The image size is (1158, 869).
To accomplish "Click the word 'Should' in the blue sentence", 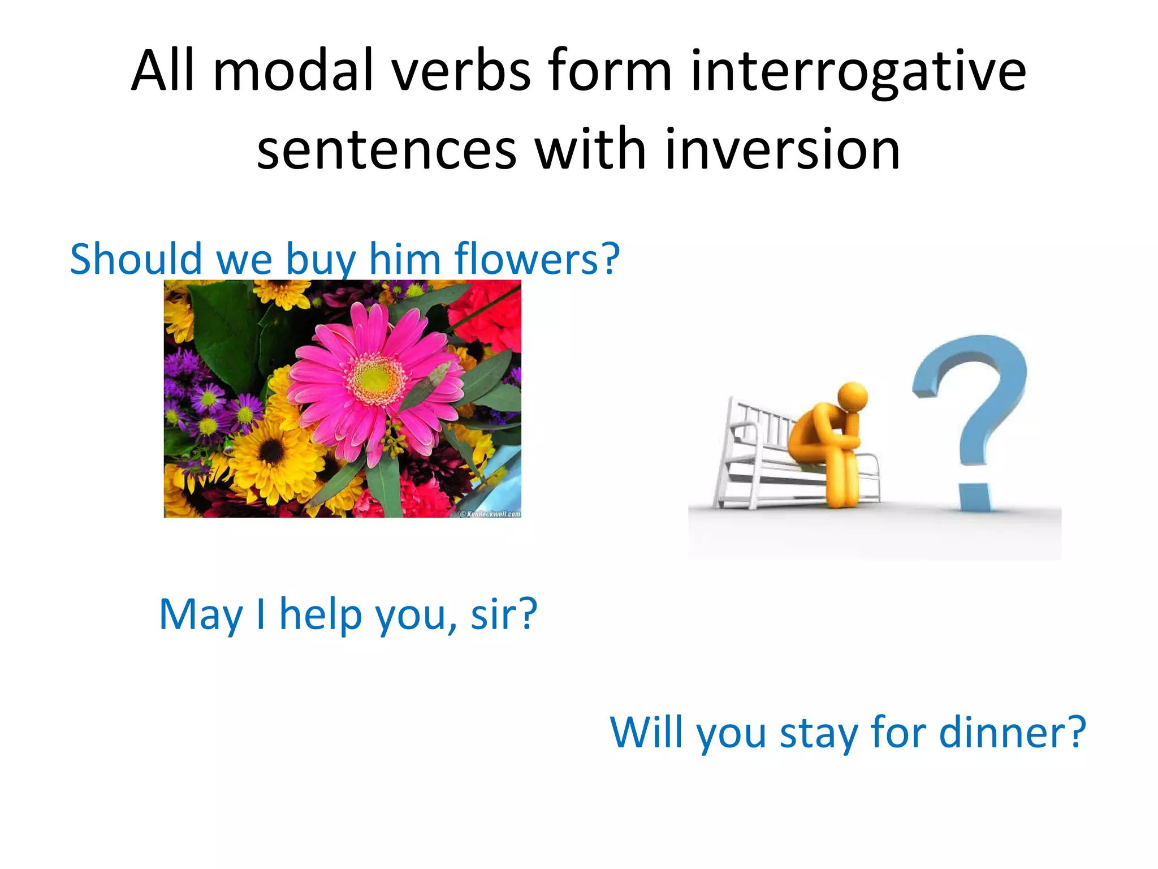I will point(136,259).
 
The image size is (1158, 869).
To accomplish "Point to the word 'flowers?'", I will point(537,259).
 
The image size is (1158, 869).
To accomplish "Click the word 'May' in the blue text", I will point(200,614).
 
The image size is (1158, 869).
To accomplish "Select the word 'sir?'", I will point(504,614).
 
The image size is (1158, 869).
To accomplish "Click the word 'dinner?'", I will point(1012,732).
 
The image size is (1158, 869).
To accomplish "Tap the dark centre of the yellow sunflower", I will point(273,451).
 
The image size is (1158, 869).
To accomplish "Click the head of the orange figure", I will point(852,396).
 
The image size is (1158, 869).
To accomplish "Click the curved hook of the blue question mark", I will point(978,373).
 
